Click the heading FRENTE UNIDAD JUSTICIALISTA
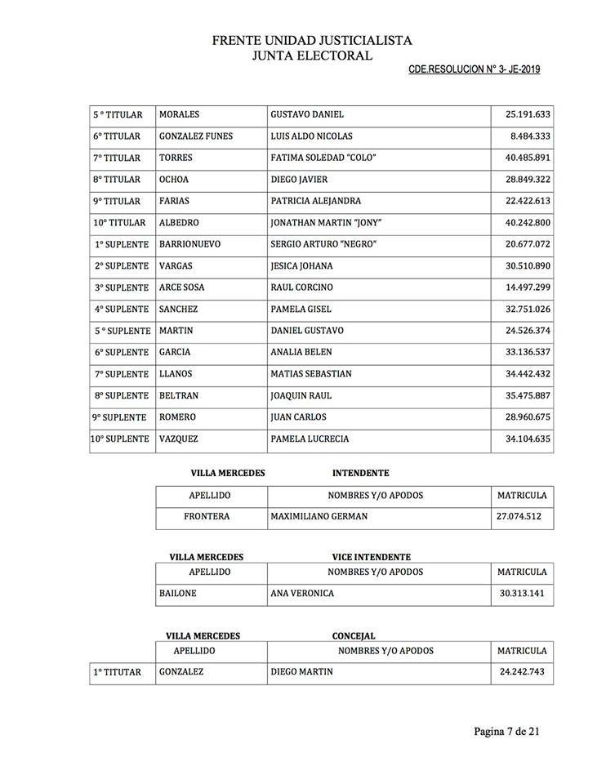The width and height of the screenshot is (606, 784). (x=312, y=40)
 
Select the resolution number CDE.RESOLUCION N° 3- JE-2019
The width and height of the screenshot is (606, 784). (x=474, y=70)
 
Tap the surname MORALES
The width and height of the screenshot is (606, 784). (x=179, y=114)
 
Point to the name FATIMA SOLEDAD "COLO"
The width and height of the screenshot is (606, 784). (x=323, y=158)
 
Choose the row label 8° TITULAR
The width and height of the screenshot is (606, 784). (x=117, y=180)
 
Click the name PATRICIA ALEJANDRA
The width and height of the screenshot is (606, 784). (x=315, y=201)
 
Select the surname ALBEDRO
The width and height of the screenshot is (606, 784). (x=179, y=223)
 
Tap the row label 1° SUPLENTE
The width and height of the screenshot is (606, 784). (x=121, y=244)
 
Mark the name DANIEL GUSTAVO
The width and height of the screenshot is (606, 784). (x=306, y=331)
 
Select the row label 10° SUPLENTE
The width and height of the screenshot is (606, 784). (x=121, y=439)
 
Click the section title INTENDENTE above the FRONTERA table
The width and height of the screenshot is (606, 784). (x=360, y=473)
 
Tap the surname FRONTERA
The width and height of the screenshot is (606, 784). (x=207, y=516)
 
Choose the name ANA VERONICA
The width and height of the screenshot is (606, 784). (x=302, y=594)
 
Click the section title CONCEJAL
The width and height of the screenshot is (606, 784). (x=354, y=635)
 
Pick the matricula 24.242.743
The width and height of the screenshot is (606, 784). (x=522, y=672)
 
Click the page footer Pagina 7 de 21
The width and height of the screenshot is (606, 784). (x=506, y=731)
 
